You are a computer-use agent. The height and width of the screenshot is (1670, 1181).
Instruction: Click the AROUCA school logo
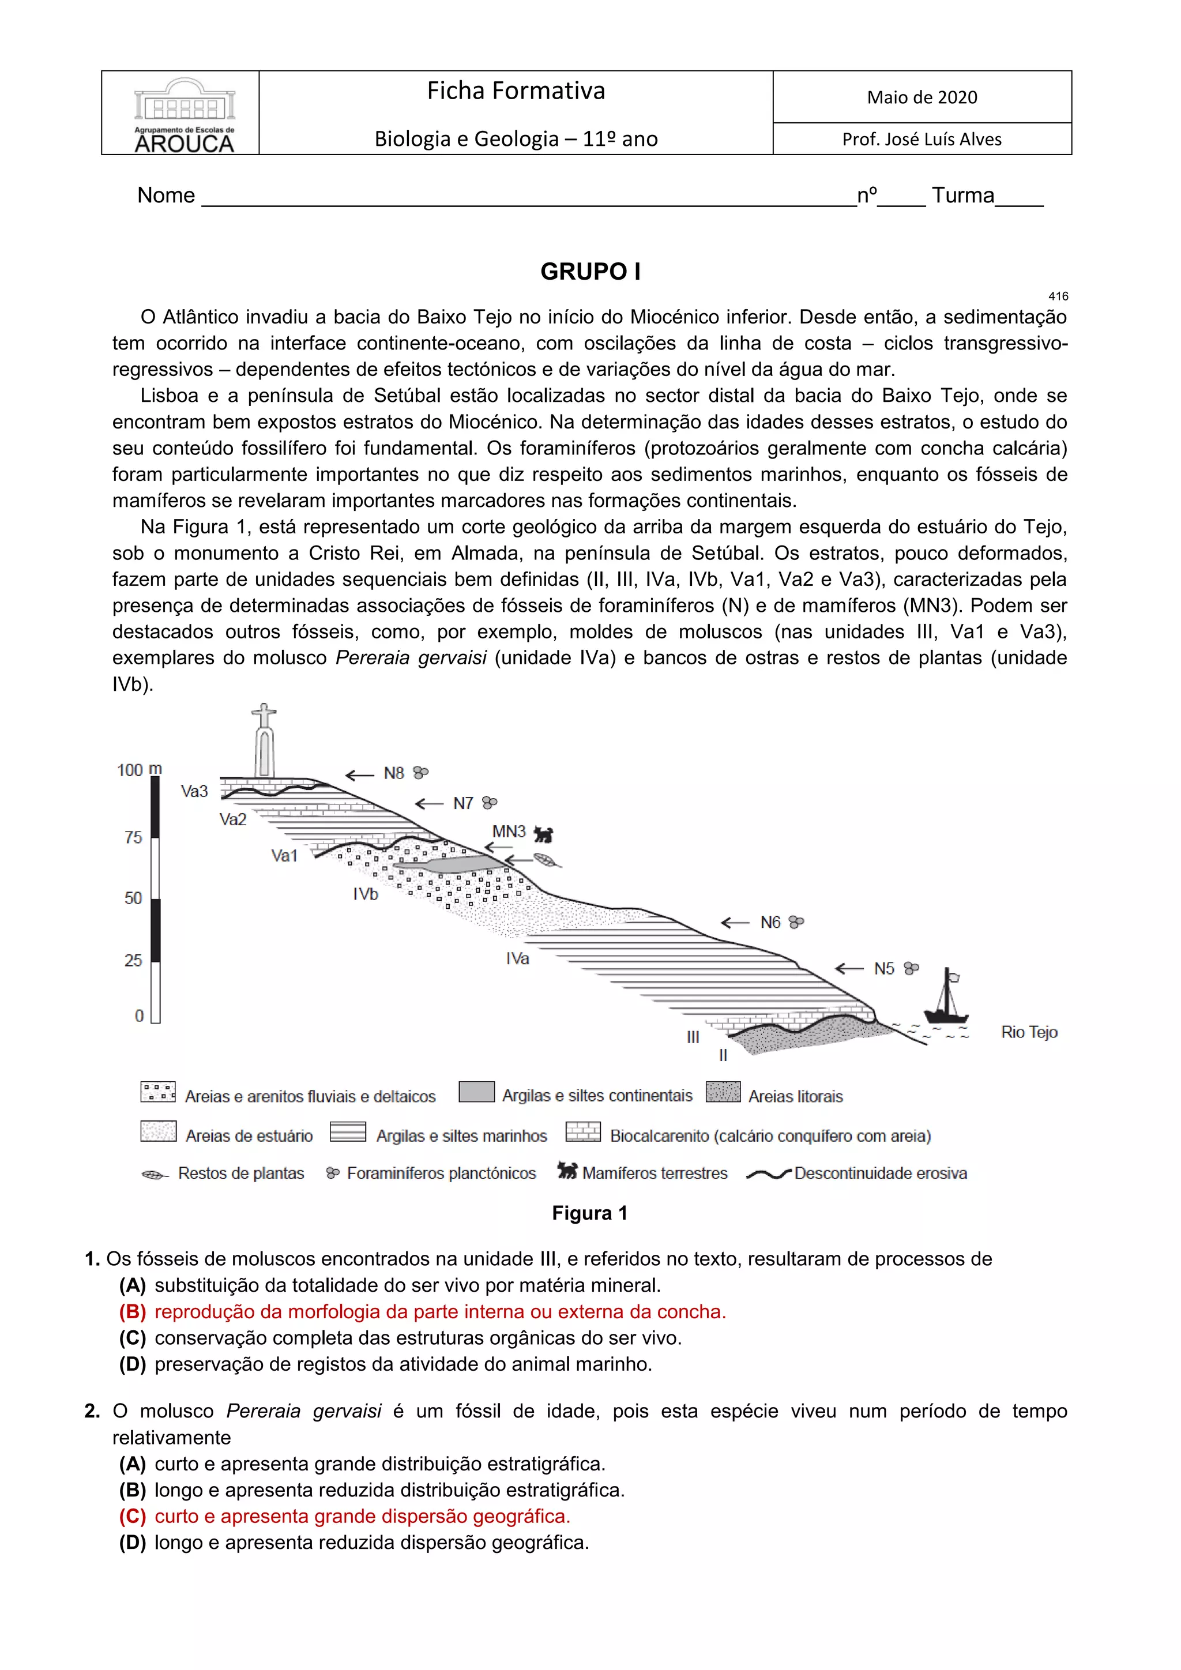(184, 115)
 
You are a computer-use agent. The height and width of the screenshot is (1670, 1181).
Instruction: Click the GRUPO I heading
(590, 272)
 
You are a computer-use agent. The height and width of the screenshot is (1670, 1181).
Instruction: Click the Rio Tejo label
(1028, 1032)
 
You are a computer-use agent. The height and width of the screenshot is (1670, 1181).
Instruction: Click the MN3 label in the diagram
(508, 832)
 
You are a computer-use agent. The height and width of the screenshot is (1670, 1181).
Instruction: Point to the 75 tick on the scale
(133, 838)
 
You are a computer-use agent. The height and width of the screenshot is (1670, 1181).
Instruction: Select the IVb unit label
(366, 894)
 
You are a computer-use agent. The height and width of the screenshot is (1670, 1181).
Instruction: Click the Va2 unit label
(233, 820)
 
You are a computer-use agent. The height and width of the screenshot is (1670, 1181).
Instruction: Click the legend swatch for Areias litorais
(723, 1093)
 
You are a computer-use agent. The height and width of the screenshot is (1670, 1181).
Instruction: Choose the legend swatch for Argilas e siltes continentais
(476, 1093)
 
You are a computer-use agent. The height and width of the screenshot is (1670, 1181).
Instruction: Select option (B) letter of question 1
(133, 1312)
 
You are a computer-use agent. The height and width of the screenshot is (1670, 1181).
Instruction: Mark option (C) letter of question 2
(133, 1517)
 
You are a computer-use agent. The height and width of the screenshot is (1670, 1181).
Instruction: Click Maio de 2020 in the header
(922, 97)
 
